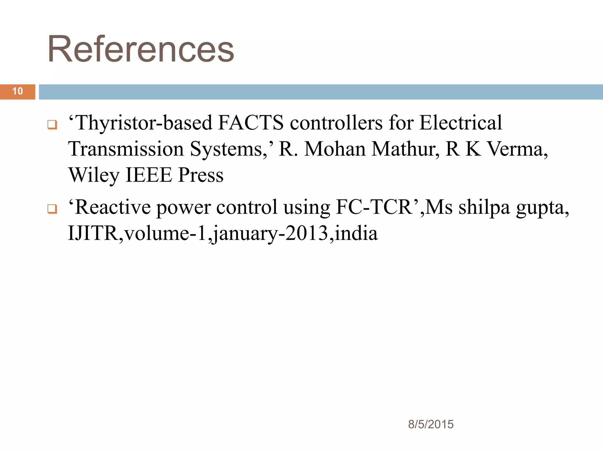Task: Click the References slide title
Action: pos(141,49)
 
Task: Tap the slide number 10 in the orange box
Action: pos(18,91)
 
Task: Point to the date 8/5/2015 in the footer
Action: pos(431,424)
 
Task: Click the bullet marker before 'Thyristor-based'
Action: pos(52,125)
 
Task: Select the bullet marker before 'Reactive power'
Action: pos(52,209)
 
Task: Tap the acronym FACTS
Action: pos(251,123)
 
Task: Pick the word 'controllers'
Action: pos(336,123)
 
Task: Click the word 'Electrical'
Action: pos(460,123)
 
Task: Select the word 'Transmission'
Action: pos(126,149)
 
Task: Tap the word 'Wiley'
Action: pos(94,175)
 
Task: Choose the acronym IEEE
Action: pos(149,175)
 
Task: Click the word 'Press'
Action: pos(201,175)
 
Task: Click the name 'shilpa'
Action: pos(484,208)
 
